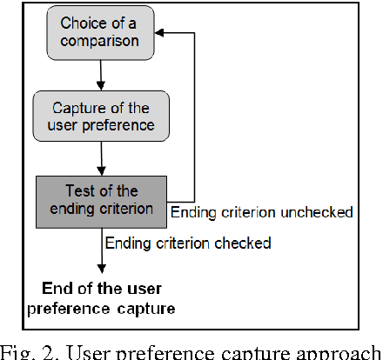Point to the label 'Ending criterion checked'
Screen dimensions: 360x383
188,243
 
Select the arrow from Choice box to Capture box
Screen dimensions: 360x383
99,71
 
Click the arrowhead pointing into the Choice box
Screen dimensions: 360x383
165,32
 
